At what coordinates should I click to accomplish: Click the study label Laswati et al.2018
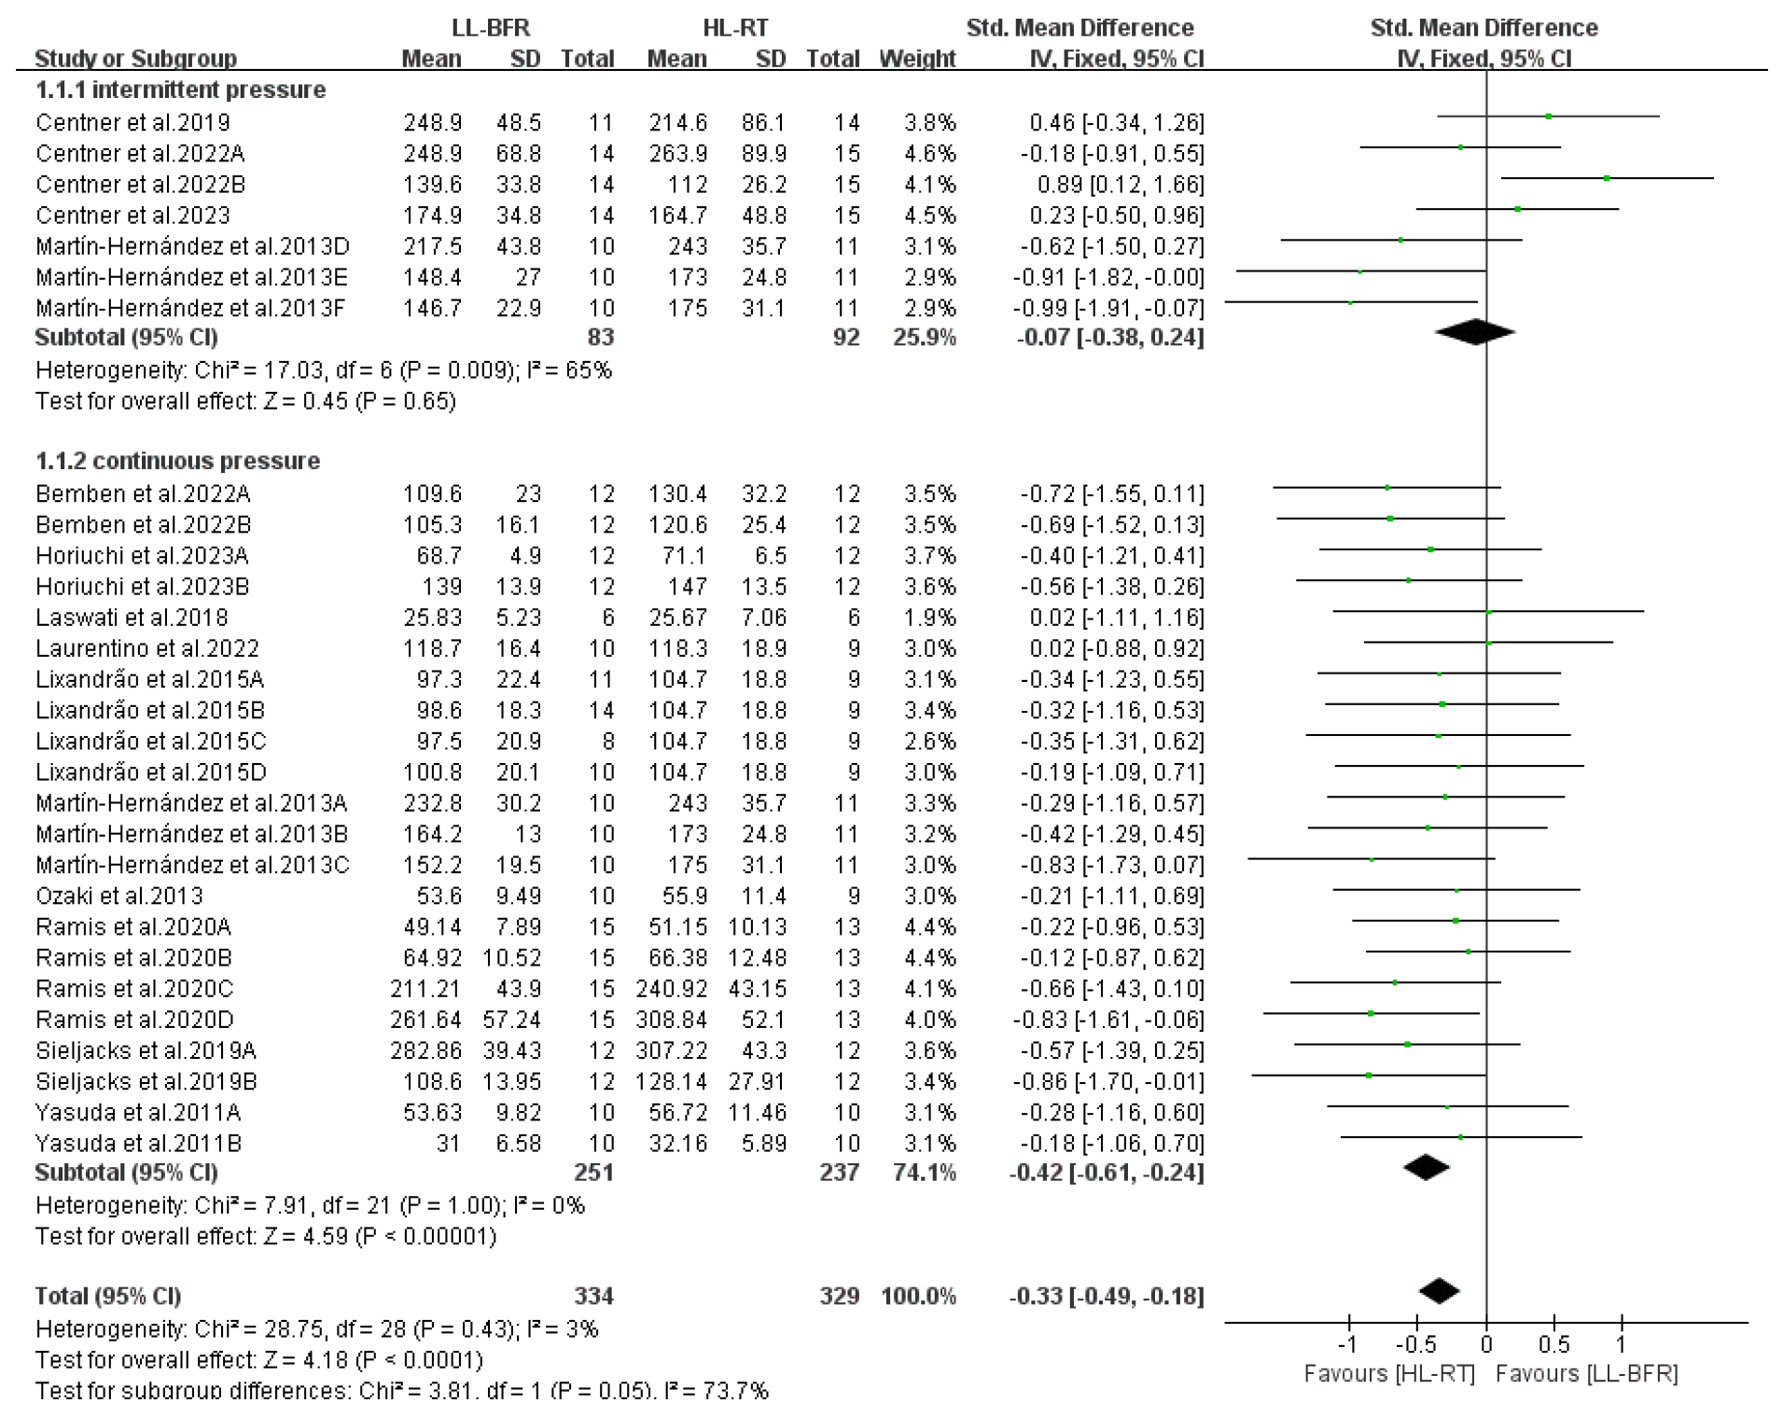pyautogui.click(x=132, y=618)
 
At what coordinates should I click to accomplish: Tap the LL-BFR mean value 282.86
pyautogui.click(x=425, y=1050)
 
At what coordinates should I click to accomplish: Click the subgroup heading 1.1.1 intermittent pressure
pyautogui.click(x=180, y=90)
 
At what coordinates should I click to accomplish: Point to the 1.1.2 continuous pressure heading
pyautogui.click(x=177, y=461)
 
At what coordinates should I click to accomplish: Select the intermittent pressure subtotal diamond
pyautogui.click(x=1474, y=331)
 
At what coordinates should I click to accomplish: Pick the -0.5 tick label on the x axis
pyautogui.click(x=1415, y=1345)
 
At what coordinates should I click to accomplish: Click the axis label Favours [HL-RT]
pyautogui.click(x=1388, y=1373)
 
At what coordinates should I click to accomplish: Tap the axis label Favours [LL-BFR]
pyautogui.click(x=1586, y=1373)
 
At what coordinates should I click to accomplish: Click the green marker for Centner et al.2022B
pyautogui.click(x=1607, y=177)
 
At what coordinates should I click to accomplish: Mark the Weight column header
pyautogui.click(x=917, y=59)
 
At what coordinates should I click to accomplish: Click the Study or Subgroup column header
pyautogui.click(x=135, y=59)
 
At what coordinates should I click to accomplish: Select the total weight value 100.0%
pyautogui.click(x=918, y=1296)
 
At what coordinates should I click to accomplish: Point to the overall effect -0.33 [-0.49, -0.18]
pyautogui.click(x=1107, y=1296)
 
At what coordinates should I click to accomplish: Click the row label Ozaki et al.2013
pyautogui.click(x=118, y=896)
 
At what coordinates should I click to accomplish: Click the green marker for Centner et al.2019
pyautogui.click(x=1549, y=117)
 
